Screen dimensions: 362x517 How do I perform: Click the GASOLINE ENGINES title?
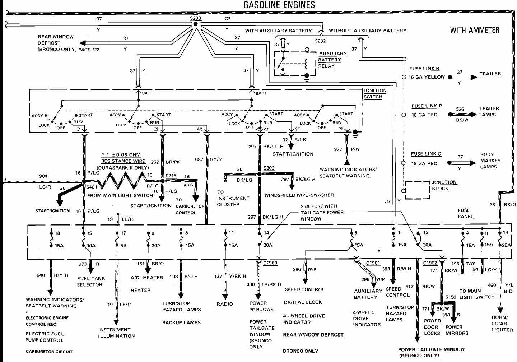(279, 5)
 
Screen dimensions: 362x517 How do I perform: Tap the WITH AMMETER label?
(474, 30)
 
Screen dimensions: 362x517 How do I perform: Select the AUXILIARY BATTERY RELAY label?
(332, 60)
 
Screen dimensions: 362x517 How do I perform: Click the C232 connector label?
(320, 41)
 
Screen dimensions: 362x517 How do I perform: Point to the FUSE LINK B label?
(424, 69)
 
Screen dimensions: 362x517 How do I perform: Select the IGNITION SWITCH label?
(375, 93)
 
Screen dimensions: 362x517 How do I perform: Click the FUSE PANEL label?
(465, 213)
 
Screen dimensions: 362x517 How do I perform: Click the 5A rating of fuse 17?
(123, 246)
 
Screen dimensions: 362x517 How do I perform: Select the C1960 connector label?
(270, 263)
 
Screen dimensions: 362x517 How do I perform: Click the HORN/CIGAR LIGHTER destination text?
(500, 324)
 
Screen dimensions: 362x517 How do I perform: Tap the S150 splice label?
(451, 297)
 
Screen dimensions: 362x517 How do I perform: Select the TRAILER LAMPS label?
(489, 111)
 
